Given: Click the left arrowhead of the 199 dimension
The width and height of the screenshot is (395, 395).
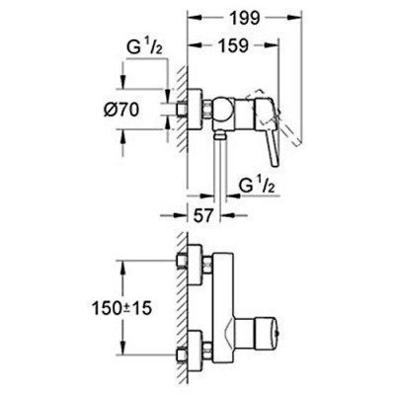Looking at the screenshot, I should (x=192, y=19).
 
